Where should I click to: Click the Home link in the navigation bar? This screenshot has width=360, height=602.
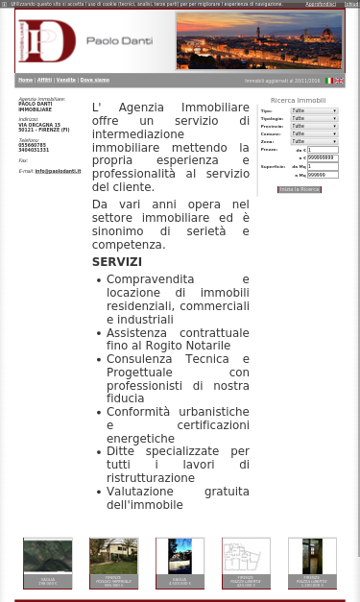coord(25,80)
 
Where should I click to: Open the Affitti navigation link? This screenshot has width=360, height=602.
coord(44,80)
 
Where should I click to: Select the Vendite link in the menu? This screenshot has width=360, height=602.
coord(65,80)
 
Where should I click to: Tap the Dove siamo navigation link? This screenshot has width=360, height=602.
coord(94,80)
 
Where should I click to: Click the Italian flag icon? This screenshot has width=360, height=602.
coord(329,81)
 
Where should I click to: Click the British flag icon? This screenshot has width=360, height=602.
coord(339,81)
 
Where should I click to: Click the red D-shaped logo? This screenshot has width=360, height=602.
coord(47,40)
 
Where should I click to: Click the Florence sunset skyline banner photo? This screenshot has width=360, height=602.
coord(258,40)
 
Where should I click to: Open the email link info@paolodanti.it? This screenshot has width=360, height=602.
coord(58,171)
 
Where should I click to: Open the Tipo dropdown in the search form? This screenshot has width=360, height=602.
coord(314,111)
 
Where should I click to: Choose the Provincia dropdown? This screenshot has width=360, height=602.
coord(314,127)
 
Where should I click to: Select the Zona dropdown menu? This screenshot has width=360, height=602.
coord(314,142)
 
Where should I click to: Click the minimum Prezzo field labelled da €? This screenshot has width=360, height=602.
coord(322,150)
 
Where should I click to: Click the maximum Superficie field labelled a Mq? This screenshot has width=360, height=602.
coord(322,175)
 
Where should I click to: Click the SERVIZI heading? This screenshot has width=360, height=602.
coord(117,261)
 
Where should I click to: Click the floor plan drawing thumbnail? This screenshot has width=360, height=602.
coord(246,558)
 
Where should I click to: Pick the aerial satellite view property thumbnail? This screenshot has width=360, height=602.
coord(47,558)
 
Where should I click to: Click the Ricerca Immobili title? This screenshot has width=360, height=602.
coord(298,100)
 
